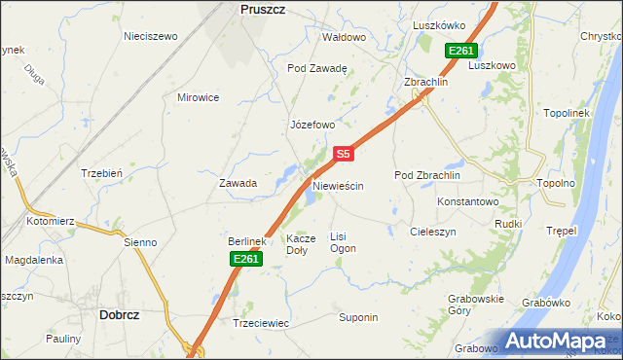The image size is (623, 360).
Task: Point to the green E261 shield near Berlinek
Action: tap(245, 258)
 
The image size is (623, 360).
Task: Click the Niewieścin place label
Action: tap(338, 185)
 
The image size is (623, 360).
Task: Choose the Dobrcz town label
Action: tap(124, 314)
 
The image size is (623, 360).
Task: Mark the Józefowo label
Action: tap(312, 125)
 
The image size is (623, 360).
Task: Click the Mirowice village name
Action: tap(198, 97)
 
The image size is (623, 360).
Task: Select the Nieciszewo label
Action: tap(151, 36)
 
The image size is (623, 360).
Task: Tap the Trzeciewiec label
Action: tap(261, 322)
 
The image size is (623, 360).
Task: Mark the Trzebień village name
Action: tap(100, 173)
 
